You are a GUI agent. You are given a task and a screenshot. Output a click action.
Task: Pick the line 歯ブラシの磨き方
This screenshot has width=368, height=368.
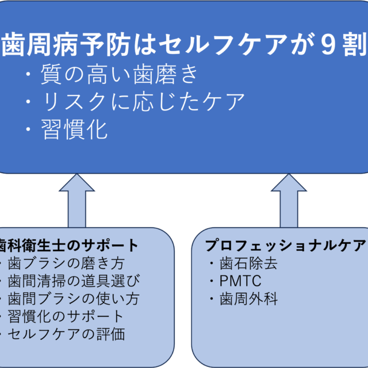[x=66, y=264]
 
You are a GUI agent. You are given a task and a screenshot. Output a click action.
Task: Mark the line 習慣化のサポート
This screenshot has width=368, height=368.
[x=66, y=316]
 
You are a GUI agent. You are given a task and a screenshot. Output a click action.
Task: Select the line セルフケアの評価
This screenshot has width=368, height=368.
[x=66, y=333]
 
